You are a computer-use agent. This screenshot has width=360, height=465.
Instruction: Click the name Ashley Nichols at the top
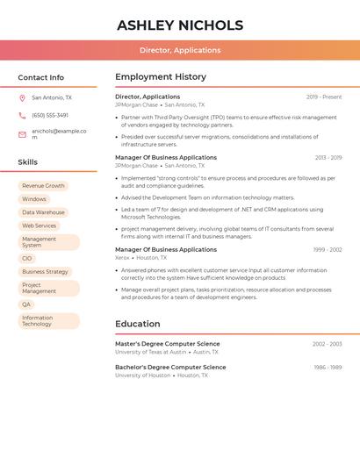click(180, 25)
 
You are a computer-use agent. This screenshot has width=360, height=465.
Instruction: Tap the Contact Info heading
click(41, 77)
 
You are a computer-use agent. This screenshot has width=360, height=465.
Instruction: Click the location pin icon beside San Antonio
click(22, 97)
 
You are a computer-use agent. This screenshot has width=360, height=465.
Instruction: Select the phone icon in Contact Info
click(22, 116)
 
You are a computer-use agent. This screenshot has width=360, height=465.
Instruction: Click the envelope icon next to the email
click(22, 134)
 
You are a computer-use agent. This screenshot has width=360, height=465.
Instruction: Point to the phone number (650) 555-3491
click(50, 116)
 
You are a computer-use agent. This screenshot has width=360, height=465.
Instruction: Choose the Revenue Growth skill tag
click(43, 186)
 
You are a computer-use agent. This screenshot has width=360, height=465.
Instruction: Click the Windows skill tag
click(34, 199)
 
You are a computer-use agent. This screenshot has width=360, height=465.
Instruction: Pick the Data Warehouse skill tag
click(43, 212)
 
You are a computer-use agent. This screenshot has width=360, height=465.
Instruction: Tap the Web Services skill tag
click(39, 225)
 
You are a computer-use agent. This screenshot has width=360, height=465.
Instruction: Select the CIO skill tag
click(26, 259)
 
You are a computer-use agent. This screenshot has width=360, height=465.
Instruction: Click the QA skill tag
click(26, 304)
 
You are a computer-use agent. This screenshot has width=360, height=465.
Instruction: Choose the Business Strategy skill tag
click(45, 272)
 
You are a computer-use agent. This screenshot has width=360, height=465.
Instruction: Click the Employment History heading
click(161, 77)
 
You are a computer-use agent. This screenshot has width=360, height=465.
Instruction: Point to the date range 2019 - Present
click(324, 97)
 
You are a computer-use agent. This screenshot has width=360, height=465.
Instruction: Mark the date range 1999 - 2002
click(328, 250)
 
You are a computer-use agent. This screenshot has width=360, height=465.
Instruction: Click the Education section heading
click(137, 324)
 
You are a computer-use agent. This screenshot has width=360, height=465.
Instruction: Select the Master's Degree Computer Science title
click(168, 344)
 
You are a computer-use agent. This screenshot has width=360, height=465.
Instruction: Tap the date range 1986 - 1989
click(328, 368)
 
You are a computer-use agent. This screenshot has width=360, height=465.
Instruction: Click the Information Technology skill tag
click(38, 321)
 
